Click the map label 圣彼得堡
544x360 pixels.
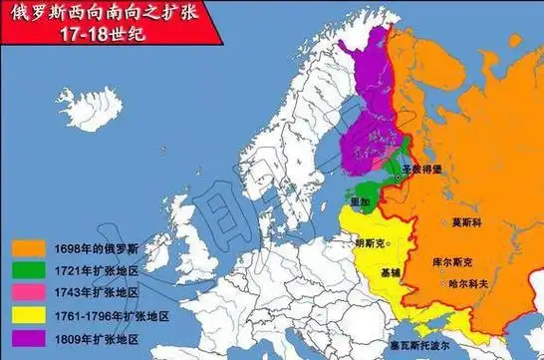423,172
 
